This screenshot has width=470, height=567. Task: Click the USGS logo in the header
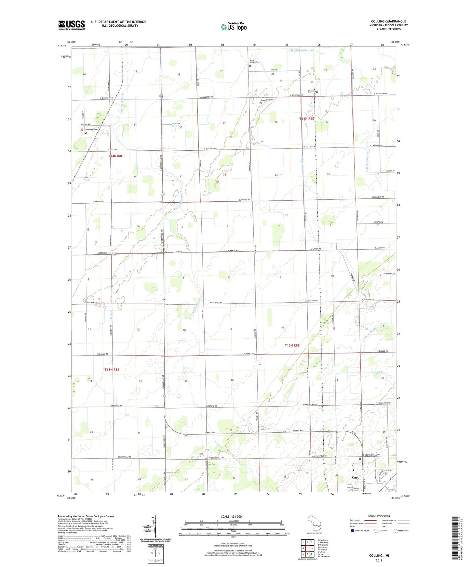click(x=72, y=25)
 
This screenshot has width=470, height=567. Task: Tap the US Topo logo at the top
click(x=234, y=27)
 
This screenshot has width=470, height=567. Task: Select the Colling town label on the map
click(x=313, y=91)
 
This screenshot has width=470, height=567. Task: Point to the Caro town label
click(x=356, y=478)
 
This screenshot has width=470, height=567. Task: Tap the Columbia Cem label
click(x=266, y=100)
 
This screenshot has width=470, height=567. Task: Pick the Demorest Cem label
click(x=91, y=129)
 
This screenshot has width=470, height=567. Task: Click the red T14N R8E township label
click(x=115, y=156)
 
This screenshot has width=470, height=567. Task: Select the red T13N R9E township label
click(x=292, y=346)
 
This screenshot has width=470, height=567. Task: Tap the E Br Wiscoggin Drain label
click(x=301, y=50)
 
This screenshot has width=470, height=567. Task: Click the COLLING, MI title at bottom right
click(x=379, y=556)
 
